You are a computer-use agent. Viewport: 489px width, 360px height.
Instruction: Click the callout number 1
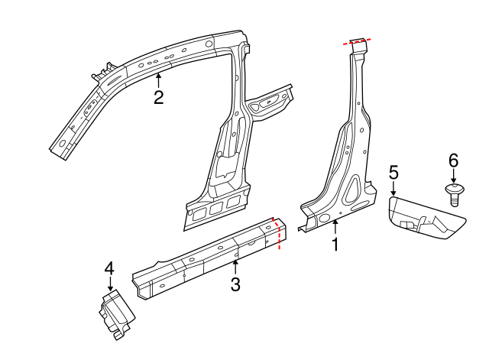coord(334,245)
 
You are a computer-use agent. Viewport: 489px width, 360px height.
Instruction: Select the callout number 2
coord(158,98)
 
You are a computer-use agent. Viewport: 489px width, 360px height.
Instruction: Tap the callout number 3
coord(235,284)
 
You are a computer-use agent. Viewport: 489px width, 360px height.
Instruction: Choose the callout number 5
coord(393,173)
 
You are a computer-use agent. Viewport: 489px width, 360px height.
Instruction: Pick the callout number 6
coord(453,160)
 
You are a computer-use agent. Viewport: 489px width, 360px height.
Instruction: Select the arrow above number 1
coord(334,226)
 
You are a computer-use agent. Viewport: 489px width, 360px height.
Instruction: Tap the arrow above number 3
coord(235,267)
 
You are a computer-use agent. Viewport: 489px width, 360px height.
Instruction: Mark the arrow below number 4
coord(109,284)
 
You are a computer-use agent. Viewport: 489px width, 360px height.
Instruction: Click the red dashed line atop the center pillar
coord(358,42)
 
